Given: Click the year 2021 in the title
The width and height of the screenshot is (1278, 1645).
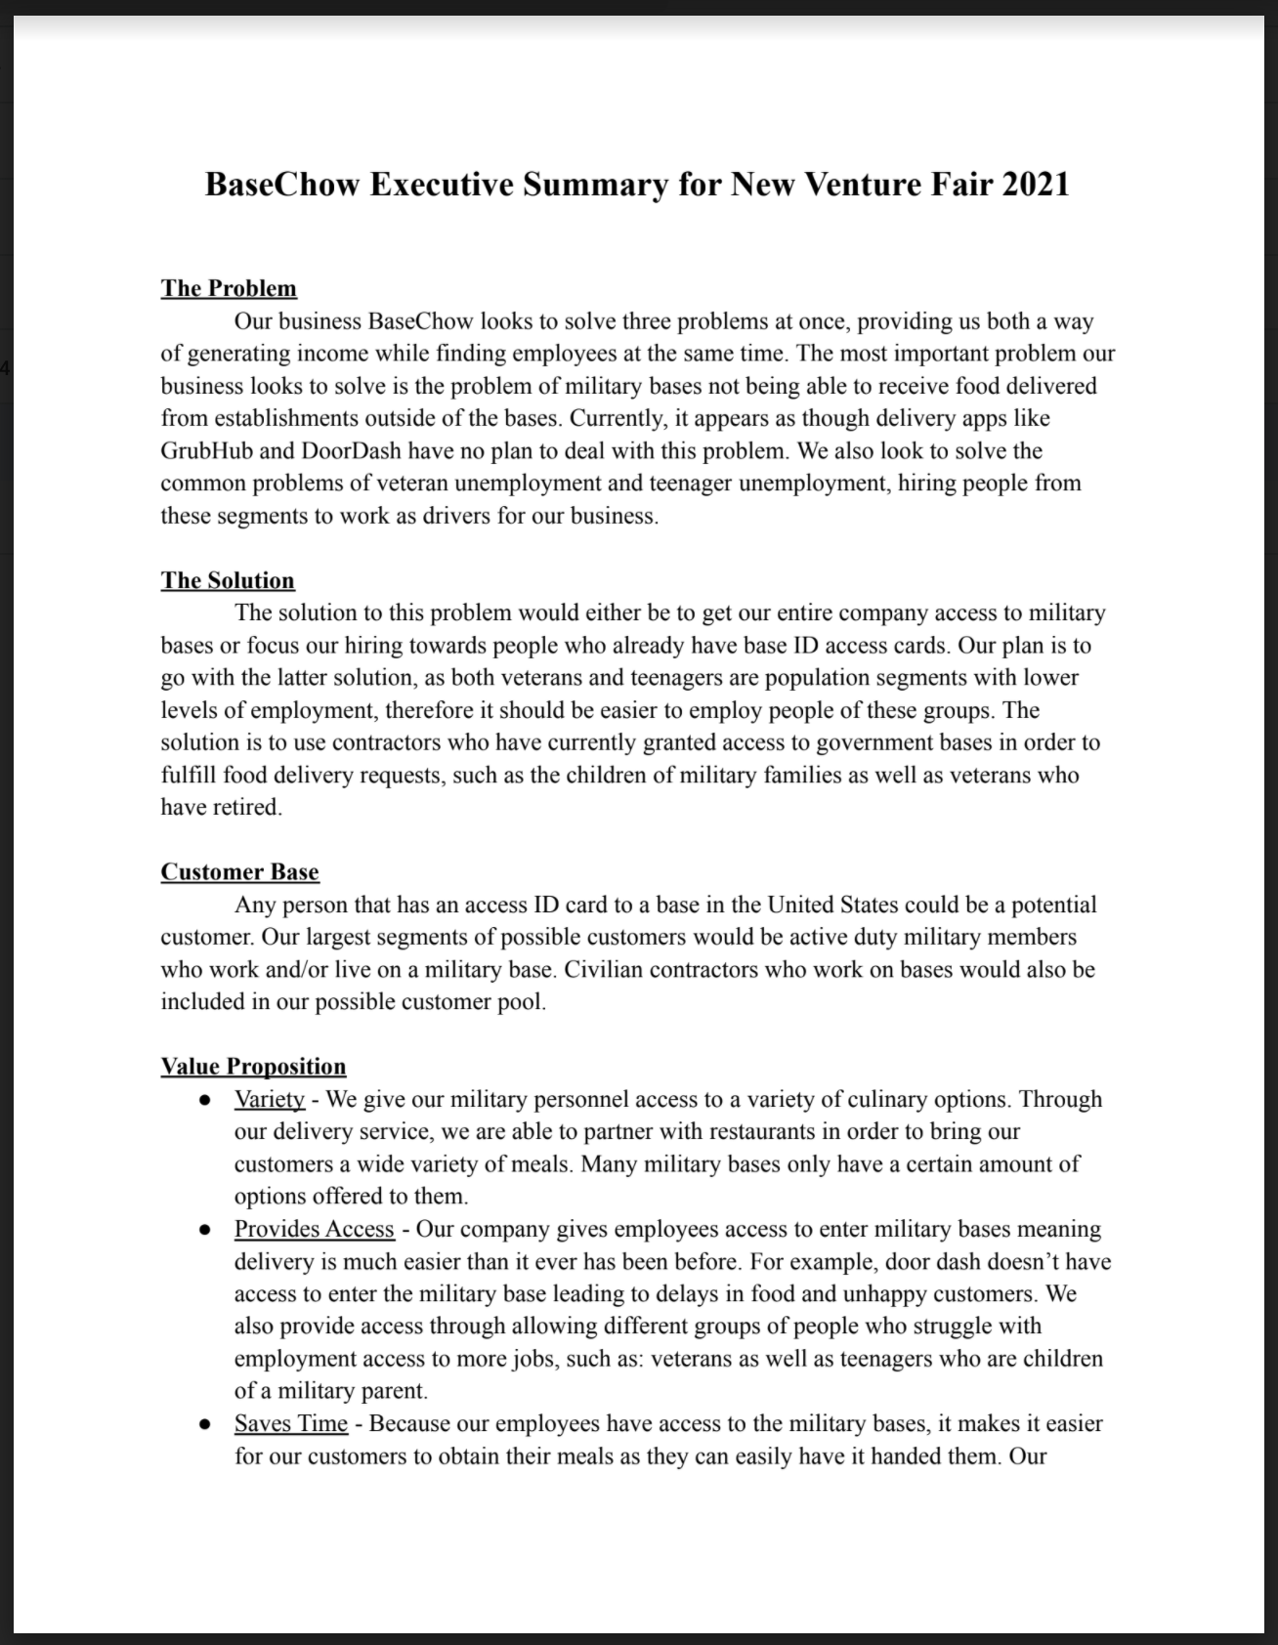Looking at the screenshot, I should (1035, 185).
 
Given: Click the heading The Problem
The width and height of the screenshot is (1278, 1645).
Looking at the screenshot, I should (229, 288).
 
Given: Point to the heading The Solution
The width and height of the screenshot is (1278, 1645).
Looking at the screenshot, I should (228, 580).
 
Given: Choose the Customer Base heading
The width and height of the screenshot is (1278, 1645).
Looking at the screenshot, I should (239, 872).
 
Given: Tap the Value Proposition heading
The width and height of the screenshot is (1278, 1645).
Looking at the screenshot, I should (253, 1067).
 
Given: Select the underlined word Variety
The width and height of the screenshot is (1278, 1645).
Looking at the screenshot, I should (270, 1099).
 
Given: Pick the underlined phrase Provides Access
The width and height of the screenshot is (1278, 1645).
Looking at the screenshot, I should (314, 1229).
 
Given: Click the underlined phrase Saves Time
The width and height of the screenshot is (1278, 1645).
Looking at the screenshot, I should (290, 1423).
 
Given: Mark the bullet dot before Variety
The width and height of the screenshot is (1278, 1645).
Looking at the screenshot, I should (205, 1100).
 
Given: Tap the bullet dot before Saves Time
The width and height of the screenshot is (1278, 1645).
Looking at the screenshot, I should (205, 1424).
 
